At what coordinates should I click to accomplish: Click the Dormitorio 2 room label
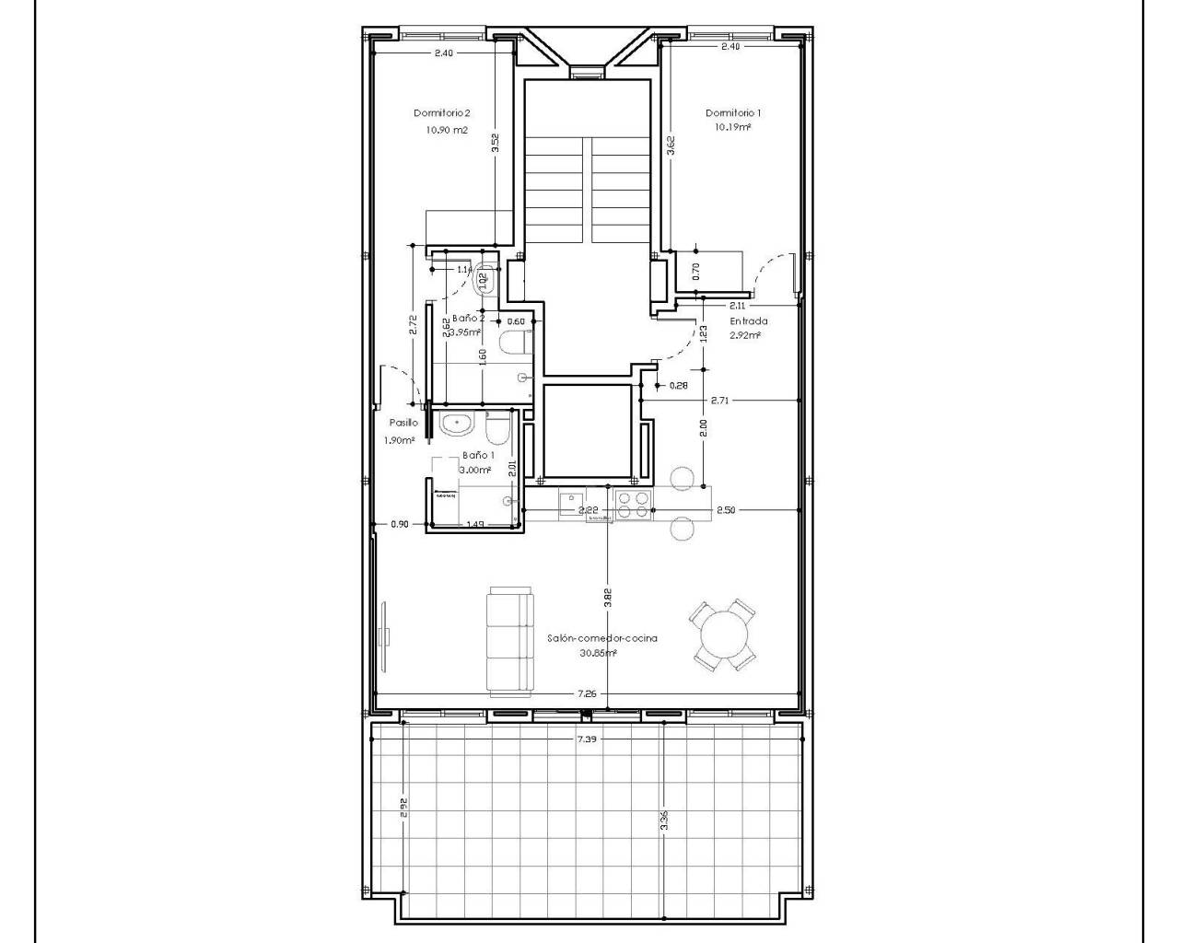point(442,113)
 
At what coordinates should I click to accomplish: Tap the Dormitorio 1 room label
point(733,113)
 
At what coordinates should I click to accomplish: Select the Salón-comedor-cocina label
point(601,638)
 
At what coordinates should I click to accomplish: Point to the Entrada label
point(749,321)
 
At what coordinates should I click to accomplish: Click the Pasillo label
point(403,423)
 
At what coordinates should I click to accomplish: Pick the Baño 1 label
point(478,455)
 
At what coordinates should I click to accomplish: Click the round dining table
point(725,634)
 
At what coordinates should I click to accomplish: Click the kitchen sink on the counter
point(572,503)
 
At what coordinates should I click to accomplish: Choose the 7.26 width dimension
point(586,693)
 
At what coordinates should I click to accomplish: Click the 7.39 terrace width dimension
point(586,739)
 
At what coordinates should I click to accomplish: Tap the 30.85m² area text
point(599,653)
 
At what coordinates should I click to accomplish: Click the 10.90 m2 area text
point(447,130)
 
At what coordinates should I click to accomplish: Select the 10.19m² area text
point(732,128)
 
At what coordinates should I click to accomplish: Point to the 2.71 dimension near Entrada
point(720,401)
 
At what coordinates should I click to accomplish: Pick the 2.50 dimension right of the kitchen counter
point(727,509)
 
